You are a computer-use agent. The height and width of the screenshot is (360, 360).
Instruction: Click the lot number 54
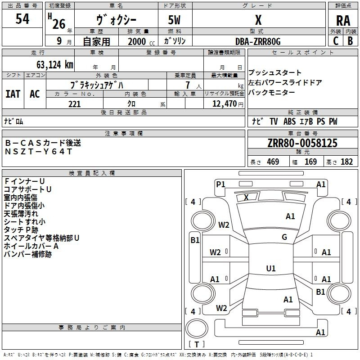tap(22, 18)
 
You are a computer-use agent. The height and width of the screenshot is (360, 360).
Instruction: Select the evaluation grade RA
tap(343, 21)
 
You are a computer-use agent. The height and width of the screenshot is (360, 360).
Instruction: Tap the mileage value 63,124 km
tap(55, 64)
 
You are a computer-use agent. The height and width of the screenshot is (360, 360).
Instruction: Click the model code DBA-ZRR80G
tap(258, 41)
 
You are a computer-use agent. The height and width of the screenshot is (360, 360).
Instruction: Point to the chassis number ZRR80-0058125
tap(302, 143)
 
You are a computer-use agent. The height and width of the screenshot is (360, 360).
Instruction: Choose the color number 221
tap(74, 104)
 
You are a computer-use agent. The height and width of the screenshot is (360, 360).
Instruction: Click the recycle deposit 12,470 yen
tap(228, 104)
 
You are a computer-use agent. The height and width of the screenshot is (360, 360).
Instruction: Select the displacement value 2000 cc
tap(141, 41)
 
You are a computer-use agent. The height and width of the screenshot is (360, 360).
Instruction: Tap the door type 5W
tap(174, 20)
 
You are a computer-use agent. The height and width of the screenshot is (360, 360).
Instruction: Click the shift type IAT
tap(13, 94)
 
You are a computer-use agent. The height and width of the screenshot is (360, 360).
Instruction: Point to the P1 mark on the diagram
tap(220, 184)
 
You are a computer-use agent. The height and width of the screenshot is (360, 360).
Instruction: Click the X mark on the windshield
tap(246, 197)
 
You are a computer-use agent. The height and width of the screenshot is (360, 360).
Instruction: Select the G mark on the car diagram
tap(284, 237)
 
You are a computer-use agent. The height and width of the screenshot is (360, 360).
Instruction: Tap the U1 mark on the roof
tap(271, 268)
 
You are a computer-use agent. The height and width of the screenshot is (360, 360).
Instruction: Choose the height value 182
tap(346, 162)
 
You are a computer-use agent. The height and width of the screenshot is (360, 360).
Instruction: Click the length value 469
tap(273, 162)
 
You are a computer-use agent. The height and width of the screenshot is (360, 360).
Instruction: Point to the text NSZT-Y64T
tap(39, 152)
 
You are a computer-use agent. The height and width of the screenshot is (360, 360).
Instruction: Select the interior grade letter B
tap(350, 41)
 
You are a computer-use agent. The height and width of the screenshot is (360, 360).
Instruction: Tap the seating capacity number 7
tap(188, 85)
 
